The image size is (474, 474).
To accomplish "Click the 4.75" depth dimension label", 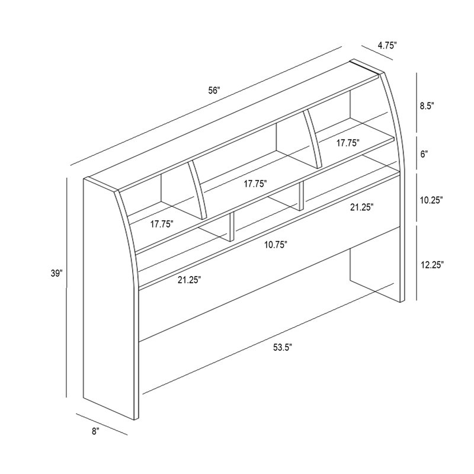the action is tap(387, 46).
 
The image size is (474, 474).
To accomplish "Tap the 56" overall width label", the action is tap(214, 91).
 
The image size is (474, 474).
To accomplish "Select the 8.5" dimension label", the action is tap(427, 106).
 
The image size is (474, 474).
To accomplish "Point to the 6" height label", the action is tap(424, 154).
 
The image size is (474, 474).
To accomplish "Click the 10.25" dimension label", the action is tap(431, 200).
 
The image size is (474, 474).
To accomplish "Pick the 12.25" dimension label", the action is tap(433, 265).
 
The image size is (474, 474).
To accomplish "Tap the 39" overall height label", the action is tap(56, 273).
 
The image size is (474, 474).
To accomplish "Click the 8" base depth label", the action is tap(96, 431).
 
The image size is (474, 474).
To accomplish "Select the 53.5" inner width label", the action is tap(283, 348).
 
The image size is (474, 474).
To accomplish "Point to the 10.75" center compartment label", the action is tap(276, 245).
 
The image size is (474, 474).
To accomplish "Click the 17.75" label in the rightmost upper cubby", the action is tap(348, 143).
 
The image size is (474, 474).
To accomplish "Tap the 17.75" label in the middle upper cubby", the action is tap(255, 184).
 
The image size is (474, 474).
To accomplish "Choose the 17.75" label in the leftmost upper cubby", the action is tap(162, 224).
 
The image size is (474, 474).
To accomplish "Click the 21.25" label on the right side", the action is tap(362, 207).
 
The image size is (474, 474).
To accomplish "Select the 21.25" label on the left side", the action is tap(190, 280).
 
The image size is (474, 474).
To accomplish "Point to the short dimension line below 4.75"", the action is tap(377, 53).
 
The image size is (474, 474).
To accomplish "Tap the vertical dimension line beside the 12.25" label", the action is tap(417, 262).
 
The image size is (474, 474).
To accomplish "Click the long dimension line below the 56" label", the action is tap(206, 106).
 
